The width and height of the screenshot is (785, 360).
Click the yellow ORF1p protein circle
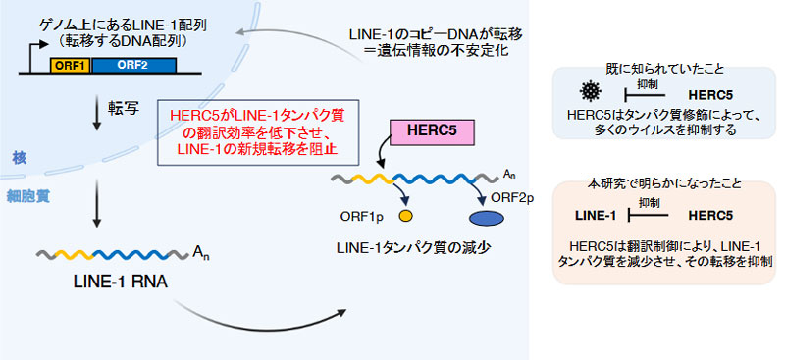click(404, 213)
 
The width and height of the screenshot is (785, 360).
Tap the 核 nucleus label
click(19, 156)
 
